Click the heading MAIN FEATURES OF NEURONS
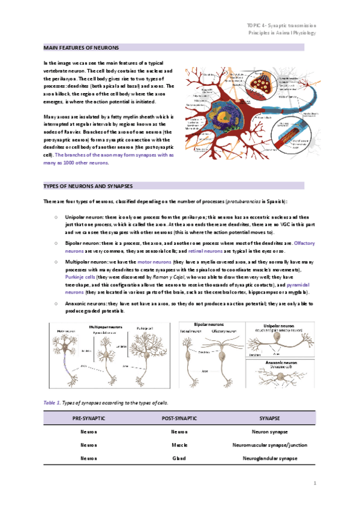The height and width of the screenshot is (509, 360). coord(81,47)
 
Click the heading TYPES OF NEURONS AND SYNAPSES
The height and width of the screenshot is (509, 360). coord(88,186)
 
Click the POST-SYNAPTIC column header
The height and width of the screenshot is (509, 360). coord(179,418)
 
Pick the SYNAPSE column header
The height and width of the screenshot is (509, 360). coord(269,418)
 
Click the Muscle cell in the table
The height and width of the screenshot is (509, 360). coord(179,445)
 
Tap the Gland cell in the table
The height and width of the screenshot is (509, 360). coord(179,458)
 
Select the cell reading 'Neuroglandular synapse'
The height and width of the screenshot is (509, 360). coord(269,458)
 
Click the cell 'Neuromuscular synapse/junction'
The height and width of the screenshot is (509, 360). coord(269,445)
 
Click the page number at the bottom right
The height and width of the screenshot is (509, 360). coord(314,483)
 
